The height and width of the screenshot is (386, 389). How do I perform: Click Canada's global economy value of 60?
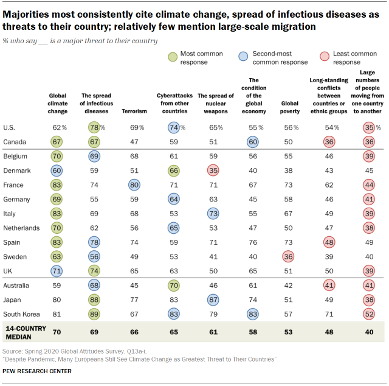[x=252, y=142]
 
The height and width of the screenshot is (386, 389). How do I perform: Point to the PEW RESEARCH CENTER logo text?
[x=37, y=371]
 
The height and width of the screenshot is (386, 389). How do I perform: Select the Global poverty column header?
[x=289, y=108]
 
